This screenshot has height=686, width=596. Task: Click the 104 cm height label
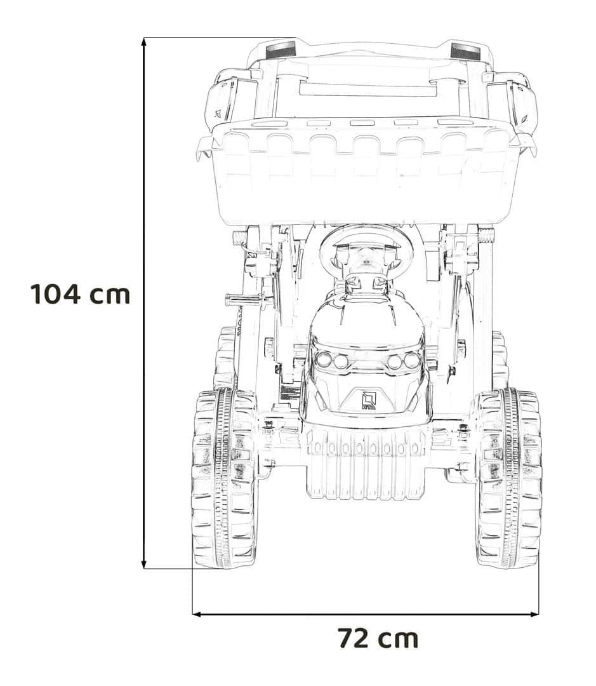click(81, 294)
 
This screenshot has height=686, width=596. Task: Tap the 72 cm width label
click(378, 638)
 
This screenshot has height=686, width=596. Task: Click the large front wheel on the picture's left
click(224, 478)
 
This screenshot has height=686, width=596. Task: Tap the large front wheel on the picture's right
click(508, 478)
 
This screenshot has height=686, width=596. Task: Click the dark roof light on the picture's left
click(281, 51)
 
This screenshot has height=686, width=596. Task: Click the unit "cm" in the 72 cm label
click(398, 639)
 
